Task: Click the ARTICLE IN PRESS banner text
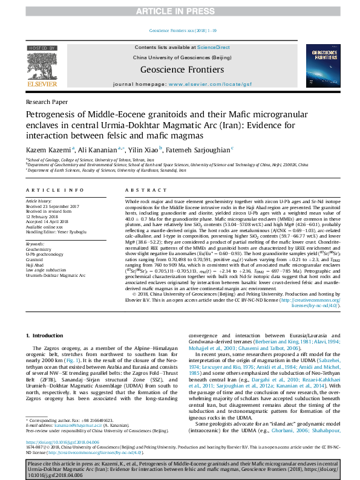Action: click(x=180, y=11)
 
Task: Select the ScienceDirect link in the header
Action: click(x=214, y=47)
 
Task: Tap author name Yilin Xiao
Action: click(x=140, y=149)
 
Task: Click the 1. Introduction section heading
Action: click(x=46, y=335)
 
